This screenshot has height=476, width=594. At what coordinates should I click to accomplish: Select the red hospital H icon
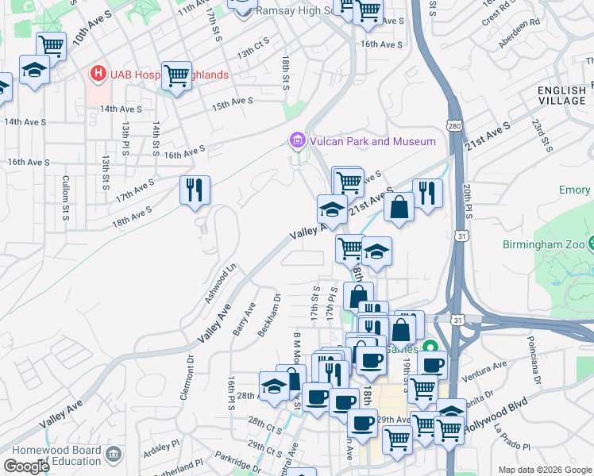(98, 75)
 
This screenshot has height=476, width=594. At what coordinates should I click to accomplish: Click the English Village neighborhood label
(561, 95)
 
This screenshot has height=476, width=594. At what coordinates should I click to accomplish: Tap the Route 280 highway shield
(453, 126)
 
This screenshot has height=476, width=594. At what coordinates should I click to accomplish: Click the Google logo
(26, 466)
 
